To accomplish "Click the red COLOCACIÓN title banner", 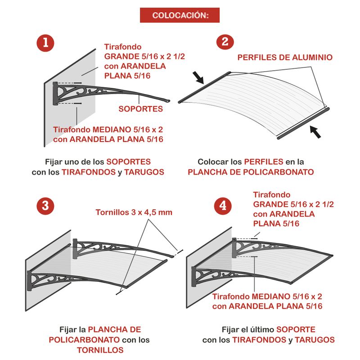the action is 180,15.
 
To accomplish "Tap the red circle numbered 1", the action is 45,43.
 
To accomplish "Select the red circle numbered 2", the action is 225,42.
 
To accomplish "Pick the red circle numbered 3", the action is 45,206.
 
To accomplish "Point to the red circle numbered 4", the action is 223,206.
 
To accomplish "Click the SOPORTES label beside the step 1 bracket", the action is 141,109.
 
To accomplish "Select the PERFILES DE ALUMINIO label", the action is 285,58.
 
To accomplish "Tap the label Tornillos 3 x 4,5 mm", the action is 134,212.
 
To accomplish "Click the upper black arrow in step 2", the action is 198,77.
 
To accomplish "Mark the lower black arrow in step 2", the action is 315,132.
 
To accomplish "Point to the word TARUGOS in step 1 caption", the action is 144,172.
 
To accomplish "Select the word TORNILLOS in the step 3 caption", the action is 100,350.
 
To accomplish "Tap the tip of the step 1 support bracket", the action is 169,100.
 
